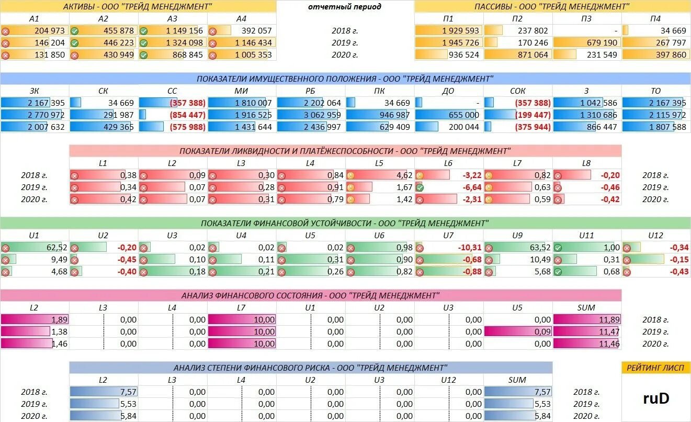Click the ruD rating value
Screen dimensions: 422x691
656,398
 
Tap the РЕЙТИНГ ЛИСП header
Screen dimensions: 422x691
656,368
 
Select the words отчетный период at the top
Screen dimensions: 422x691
345,7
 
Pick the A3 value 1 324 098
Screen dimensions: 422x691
184,43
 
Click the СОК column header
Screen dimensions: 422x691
517,91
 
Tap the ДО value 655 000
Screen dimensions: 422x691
460,115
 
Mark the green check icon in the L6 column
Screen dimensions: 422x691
420,187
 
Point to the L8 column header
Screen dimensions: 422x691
586,163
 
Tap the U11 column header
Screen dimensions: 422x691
586,236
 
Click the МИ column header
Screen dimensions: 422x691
241,91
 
